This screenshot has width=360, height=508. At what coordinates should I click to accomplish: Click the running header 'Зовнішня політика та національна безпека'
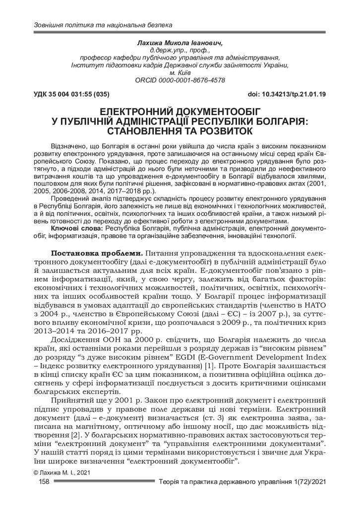tap(102, 24)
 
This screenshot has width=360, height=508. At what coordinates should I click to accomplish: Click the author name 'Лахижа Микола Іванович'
tap(180, 43)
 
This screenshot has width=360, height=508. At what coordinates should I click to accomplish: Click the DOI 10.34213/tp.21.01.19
tap(286, 94)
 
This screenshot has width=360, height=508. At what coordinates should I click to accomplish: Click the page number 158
tap(44, 482)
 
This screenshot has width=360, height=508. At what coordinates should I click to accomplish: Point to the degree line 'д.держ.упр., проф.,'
tap(180, 51)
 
